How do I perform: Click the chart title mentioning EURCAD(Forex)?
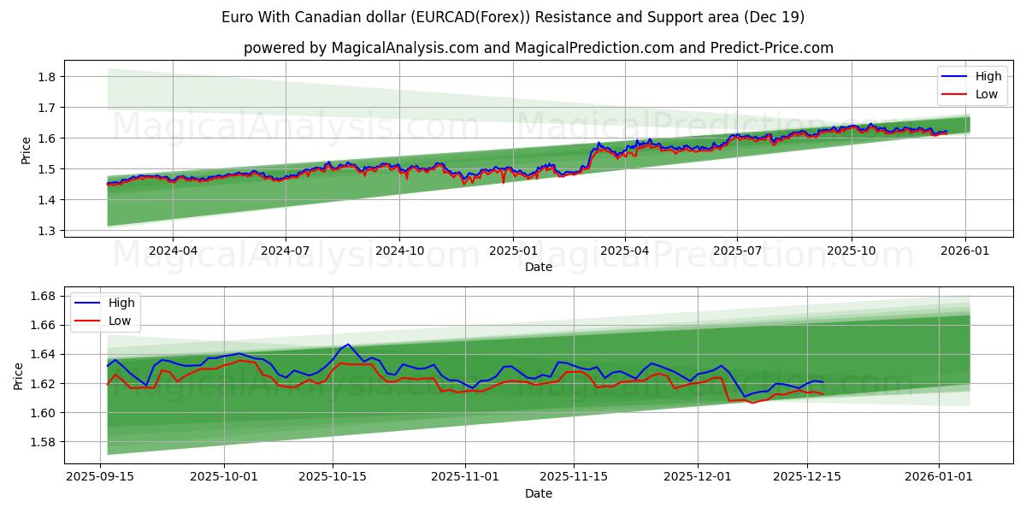tap(512, 17)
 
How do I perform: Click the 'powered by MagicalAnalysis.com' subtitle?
tap(538, 48)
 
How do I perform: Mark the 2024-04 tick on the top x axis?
tap(173, 251)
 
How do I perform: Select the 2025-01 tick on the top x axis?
tap(513, 251)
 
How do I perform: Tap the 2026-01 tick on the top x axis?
tap(965, 251)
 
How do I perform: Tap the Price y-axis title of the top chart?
tap(26, 150)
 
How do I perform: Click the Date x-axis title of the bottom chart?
tap(538, 493)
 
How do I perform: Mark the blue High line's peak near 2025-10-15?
tap(347, 345)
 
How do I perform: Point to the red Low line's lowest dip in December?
tap(752, 403)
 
